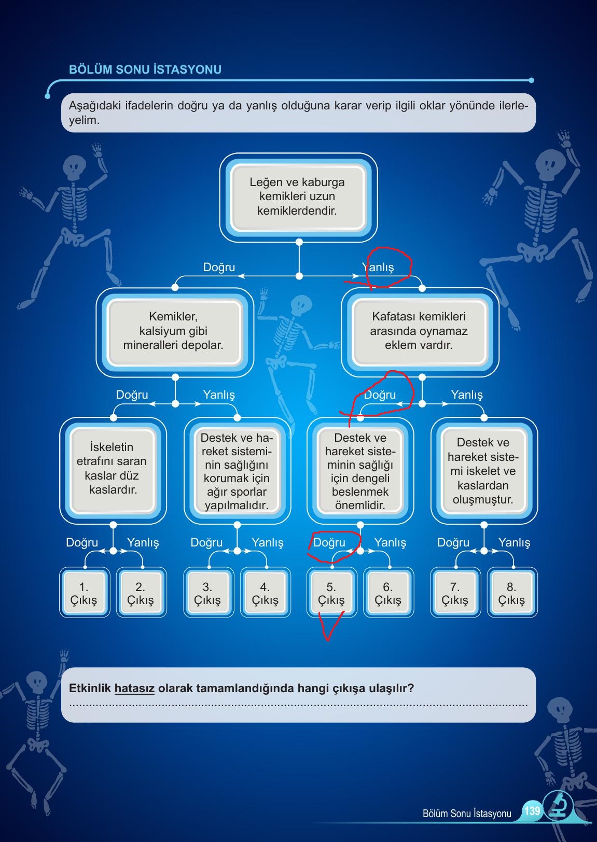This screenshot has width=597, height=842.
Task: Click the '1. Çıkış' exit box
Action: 84,593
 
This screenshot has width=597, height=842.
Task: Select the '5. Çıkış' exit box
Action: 331,593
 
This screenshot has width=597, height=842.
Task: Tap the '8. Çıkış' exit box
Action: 512,593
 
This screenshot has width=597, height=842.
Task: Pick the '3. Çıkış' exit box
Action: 208,593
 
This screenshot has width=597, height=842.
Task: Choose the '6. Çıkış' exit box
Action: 388,593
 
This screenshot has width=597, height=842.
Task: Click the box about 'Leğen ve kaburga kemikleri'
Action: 298,197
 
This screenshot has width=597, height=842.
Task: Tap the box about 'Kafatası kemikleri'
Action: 419,331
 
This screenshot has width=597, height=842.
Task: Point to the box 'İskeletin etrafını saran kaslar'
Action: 113,469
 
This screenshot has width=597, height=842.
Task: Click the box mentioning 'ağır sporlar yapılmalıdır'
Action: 237,471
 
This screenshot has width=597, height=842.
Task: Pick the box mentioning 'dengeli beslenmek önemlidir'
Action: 360,471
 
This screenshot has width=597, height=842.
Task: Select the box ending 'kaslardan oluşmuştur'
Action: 483,471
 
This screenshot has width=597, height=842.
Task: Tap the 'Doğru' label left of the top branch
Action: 219,268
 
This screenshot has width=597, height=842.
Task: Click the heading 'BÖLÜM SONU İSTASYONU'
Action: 145,69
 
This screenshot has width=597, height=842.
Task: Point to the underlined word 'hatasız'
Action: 134,689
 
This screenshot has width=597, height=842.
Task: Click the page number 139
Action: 532,810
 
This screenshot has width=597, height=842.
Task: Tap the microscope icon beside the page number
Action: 558,807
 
